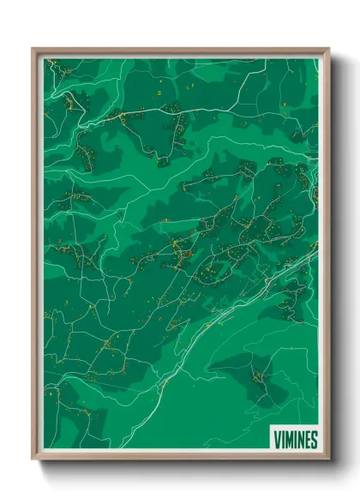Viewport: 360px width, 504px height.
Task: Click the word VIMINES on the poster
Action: click(x=296, y=440)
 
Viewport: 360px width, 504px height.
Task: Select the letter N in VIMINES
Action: click(x=300, y=440)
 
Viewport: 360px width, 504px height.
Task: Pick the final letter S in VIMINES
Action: click(x=314, y=440)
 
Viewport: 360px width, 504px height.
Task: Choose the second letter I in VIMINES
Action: click(x=295, y=440)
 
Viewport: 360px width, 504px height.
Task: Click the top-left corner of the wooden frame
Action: click(x=33, y=49)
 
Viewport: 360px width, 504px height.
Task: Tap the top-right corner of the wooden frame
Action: click(x=328, y=49)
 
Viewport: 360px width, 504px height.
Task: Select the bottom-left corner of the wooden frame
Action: click(x=33, y=460)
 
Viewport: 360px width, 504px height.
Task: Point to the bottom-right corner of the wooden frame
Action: click(x=328, y=460)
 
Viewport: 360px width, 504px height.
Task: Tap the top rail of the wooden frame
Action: click(x=180, y=50)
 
